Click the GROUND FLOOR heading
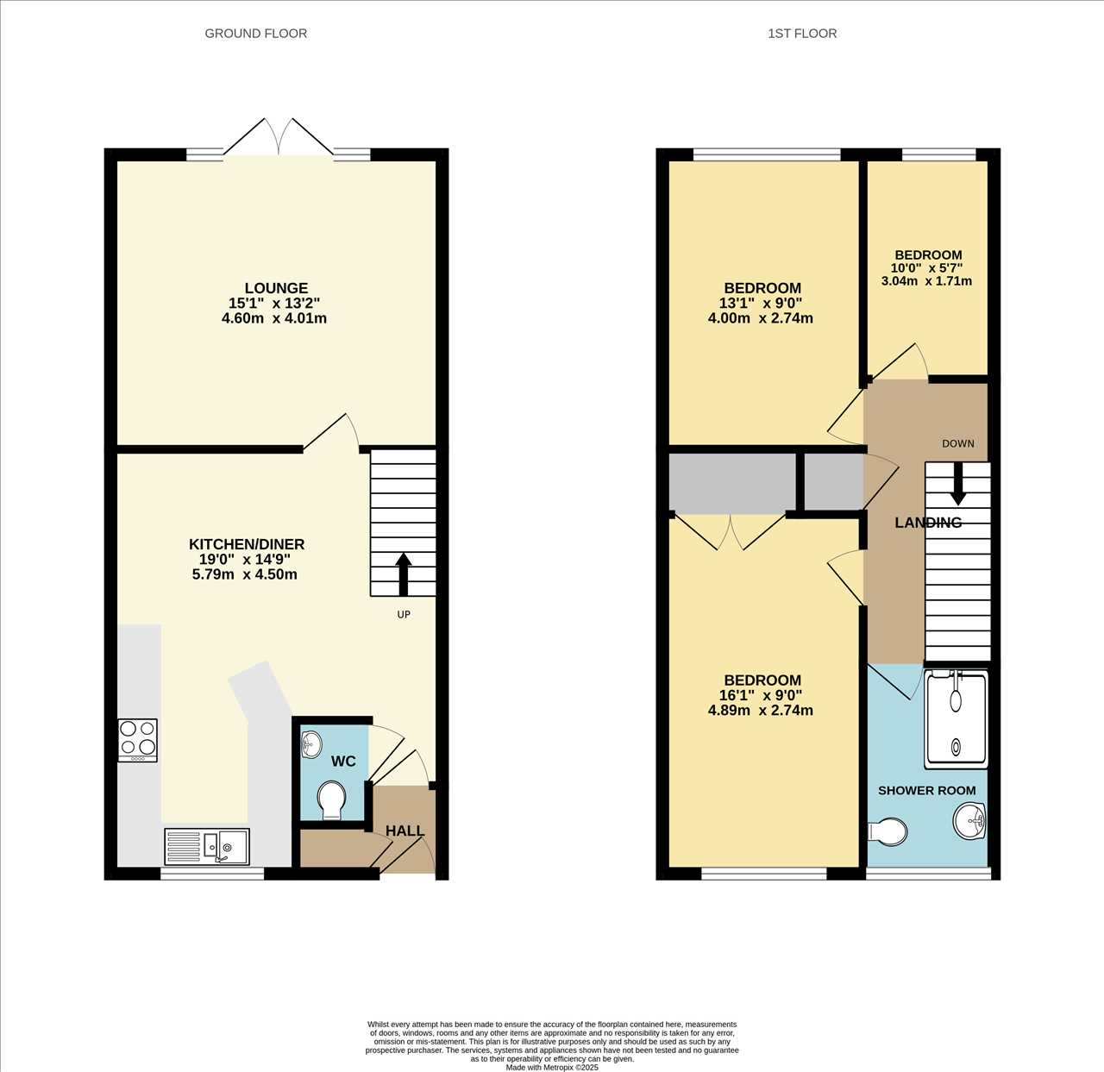pyautogui.click(x=256, y=34)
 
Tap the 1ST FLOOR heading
pyautogui.click(x=802, y=34)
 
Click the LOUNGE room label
pyautogui.click(x=276, y=288)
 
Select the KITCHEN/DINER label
pyautogui.click(x=247, y=544)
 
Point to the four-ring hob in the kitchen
pyautogui.click(x=138, y=741)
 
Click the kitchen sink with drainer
pyautogui.click(x=207, y=847)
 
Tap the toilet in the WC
pyautogui.click(x=332, y=801)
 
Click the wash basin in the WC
pyautogui.click(x=310, y=744)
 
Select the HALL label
pyautogui.click(x=405, y=831)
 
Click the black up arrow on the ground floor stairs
pyautogui.click(x=404, y=574)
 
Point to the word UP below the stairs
pyautogui.click(x=404, y=614)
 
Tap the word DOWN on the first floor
pyautogui.click(x=958, y=443)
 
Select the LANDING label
pyautogui.click(x=928, y=523)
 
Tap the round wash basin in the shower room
pyautogui.click(x=970, y=821)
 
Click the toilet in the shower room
pyautogui.click(x=888, y=832)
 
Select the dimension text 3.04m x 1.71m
pyautogui.click(x=926, y=281)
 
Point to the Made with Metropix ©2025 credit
pyautogui.click(x=552, y=1067)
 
